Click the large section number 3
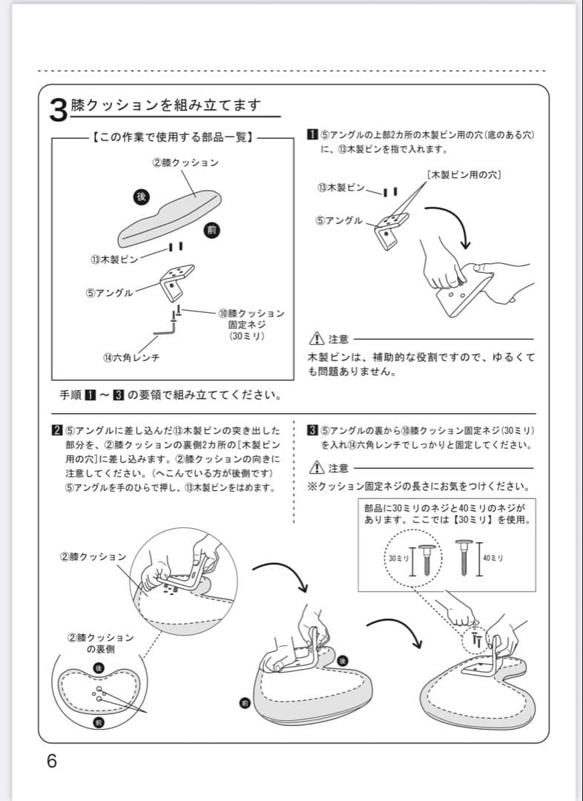pos(59,111)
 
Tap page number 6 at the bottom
pos(51,762)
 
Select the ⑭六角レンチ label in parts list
pos(131,357)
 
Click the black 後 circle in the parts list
pos(141,196)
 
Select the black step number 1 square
pos(312,134)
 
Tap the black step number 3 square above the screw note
pos(312,430)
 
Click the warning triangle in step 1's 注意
pos(317,339)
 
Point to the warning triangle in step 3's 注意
pos(317,467)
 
